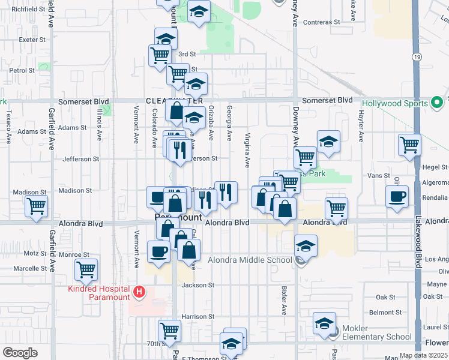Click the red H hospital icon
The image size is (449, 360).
[x=139, y=292]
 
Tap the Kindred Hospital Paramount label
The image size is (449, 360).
[x=109, y=293]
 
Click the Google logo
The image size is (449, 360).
[x=19, y=353]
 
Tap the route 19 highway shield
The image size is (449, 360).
[x=415, y=56]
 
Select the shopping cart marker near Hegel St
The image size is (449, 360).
[x=409, y=144]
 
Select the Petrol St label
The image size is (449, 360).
[x=22, y=70]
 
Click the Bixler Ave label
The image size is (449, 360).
[x=285, y=300]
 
